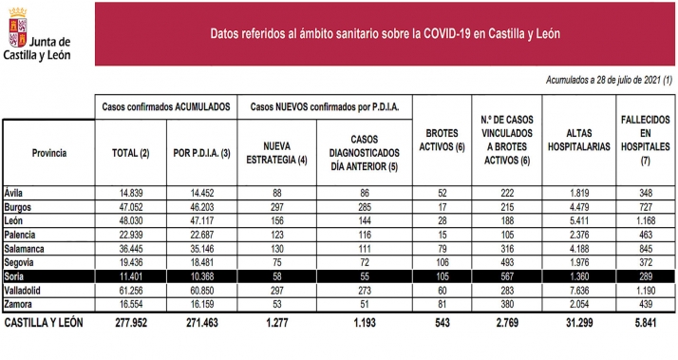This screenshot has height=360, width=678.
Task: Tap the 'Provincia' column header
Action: click(47, 152)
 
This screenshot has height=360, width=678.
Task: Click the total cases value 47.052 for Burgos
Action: click(127, 206)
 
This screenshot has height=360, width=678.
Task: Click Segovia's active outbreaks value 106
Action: click(440, 259)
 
